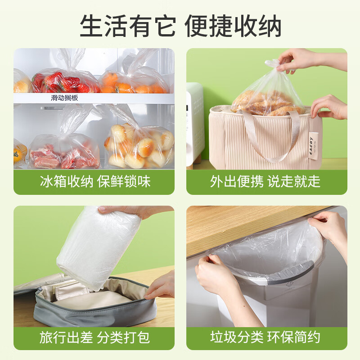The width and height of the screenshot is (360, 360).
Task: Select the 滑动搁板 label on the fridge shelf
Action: [x=64, y=97]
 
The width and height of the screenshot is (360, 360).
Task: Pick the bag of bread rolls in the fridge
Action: [x=139, y=145]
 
